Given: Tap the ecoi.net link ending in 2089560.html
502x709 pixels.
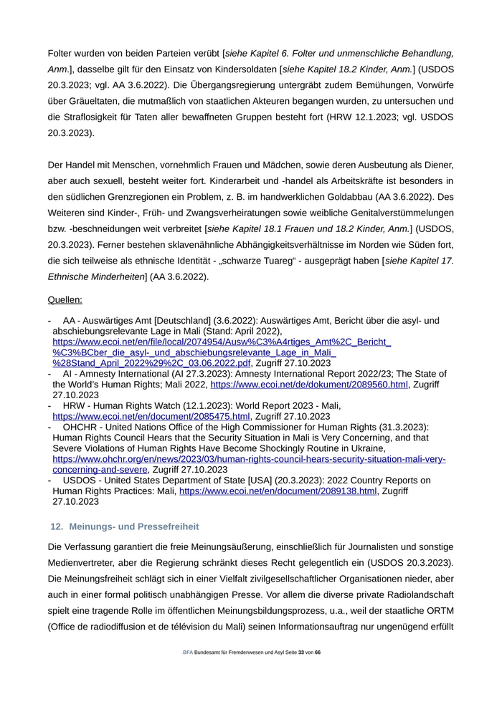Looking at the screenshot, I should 309,385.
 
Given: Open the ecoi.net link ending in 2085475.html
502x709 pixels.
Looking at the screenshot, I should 151,416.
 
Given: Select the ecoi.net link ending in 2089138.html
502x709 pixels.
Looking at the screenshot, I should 278,491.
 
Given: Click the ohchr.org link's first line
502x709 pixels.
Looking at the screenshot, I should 249,459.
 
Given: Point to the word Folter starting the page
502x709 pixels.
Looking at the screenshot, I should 61,53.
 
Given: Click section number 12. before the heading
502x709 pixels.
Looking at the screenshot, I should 57,526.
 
